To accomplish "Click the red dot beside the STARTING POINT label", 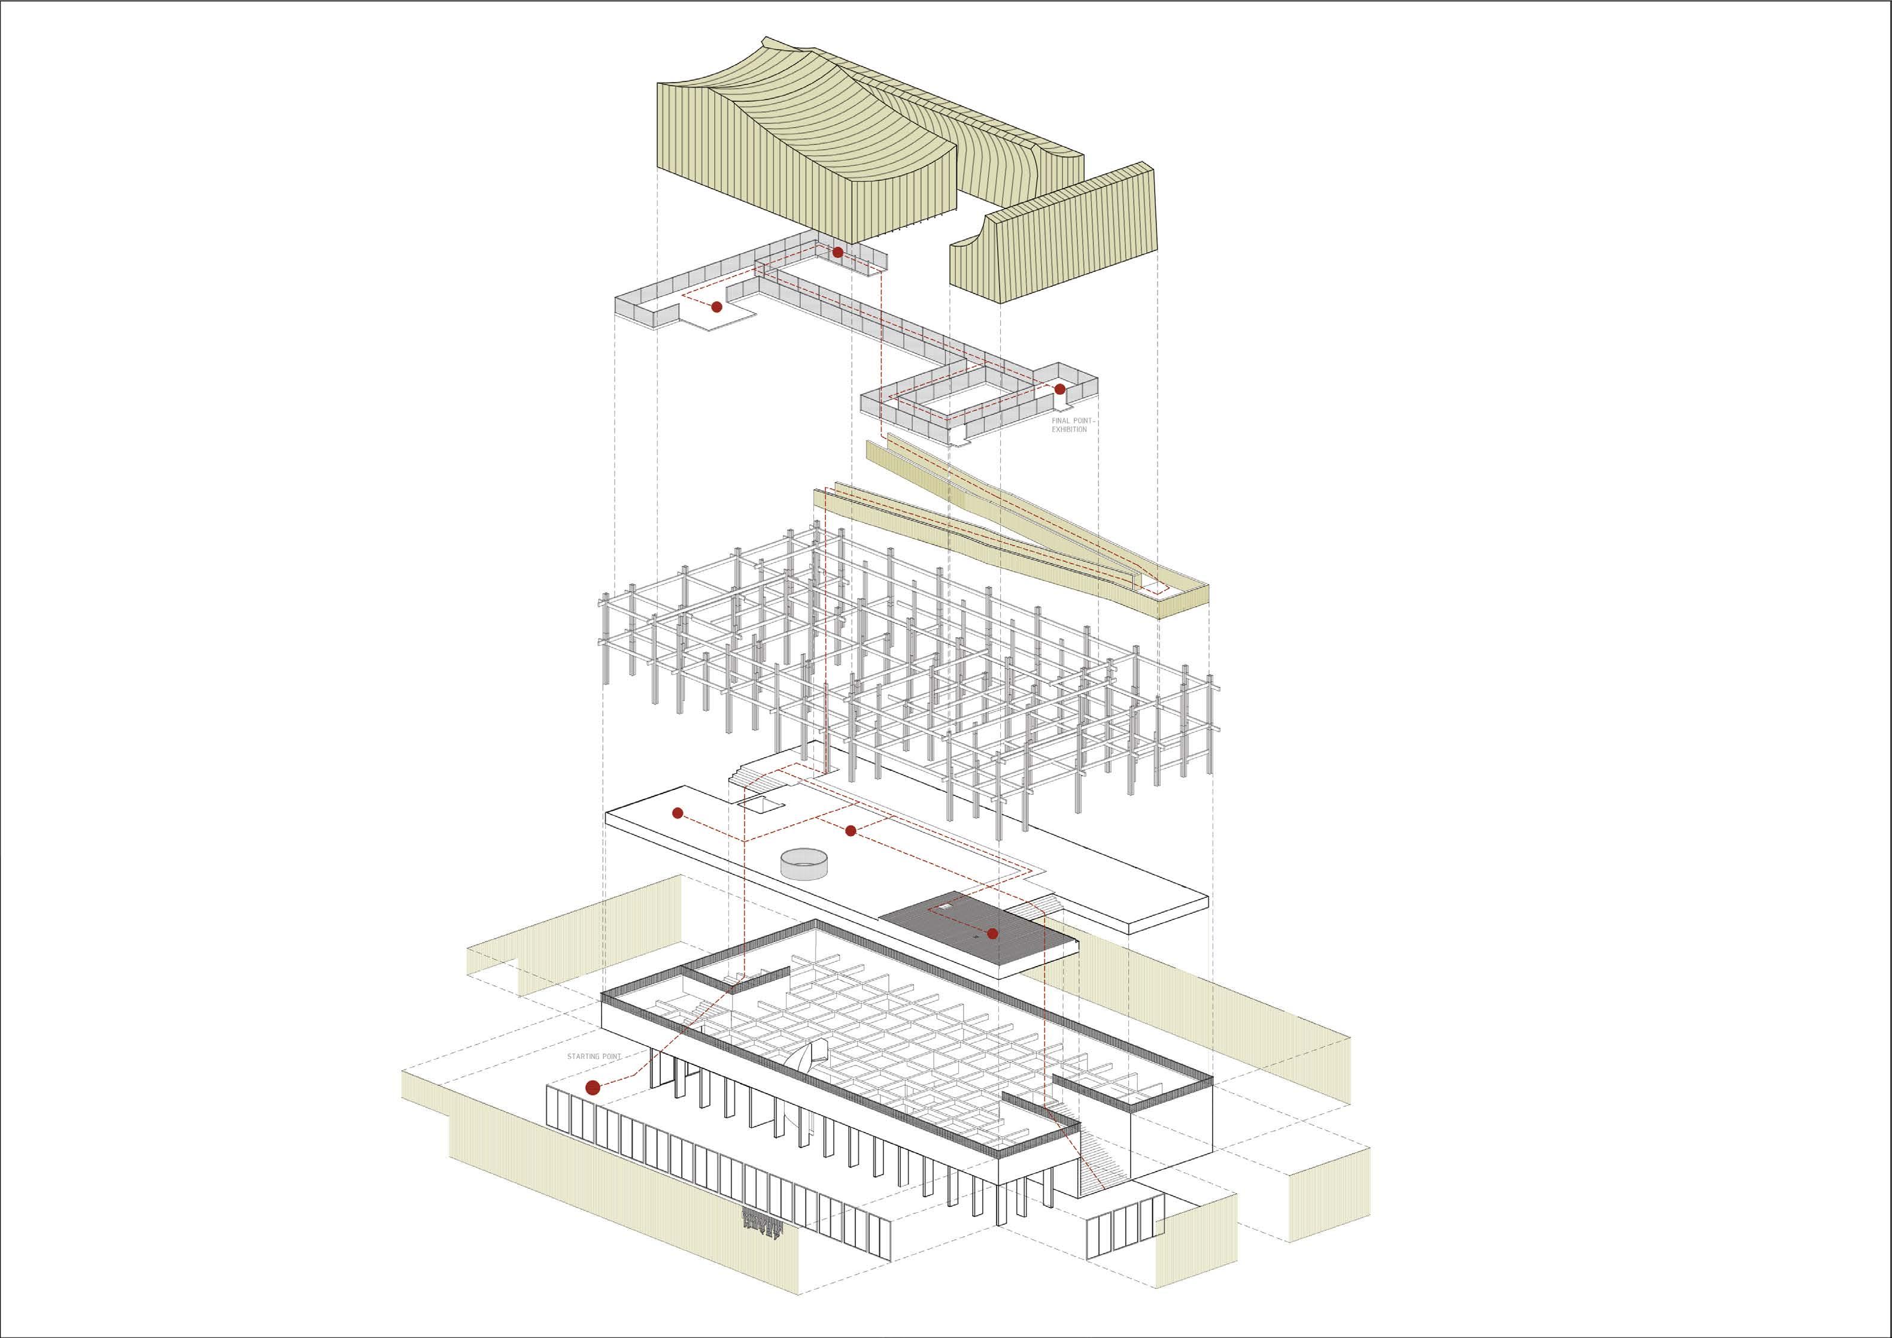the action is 592,1088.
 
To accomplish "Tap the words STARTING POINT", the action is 593,1056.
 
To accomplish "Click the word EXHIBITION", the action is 1069,429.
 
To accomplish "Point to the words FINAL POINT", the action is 1072,420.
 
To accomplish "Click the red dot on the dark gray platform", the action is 992,934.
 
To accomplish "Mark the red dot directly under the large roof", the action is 837,252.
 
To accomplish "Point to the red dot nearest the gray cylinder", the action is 851,830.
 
